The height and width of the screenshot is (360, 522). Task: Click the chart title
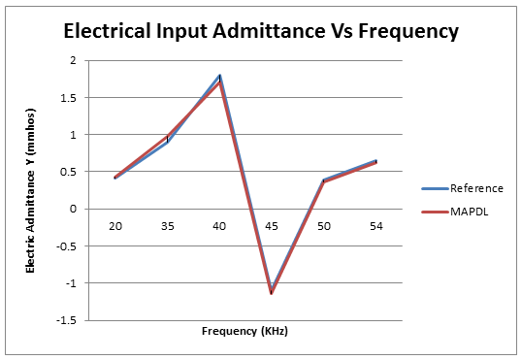tap(260, 30)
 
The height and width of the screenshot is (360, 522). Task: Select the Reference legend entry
tap(476, 188)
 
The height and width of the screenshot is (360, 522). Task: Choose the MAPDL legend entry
tap(470, 210)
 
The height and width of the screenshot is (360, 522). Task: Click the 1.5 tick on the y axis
tap(68, 97)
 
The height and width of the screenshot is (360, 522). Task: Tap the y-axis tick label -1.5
tap(66, 319)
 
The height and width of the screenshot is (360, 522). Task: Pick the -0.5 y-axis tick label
tap(66, 245)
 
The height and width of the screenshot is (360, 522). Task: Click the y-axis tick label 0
tap(73, 209)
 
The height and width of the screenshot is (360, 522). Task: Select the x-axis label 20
tap(114, 225)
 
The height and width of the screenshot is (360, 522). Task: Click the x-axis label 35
tap(167, 225)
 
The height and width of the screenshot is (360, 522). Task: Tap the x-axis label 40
tap(219, 225)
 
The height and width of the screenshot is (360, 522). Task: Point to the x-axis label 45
tap(272, 225)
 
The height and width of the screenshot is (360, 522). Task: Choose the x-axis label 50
tap(324, 225)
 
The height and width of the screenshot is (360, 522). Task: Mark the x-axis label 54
tap(376, 225)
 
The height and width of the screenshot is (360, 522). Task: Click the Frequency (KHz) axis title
tap(245, 331)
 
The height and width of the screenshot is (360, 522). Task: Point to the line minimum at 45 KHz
tap(272, 292)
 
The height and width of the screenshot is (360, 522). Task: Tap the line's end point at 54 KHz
tap(376, 162)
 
